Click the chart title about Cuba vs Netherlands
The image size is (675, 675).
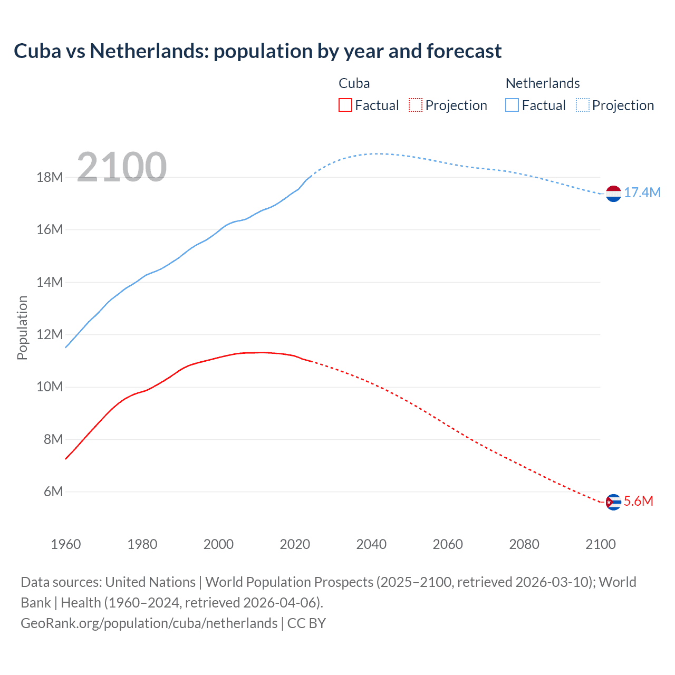tap(257, 51)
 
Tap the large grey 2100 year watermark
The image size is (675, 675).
tap(122, 167)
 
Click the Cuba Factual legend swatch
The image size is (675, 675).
tap(345, 105)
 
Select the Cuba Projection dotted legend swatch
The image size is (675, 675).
tap(416, 105)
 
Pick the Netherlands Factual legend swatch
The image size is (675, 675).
tap(512, 105)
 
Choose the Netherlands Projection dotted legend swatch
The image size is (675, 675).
tap(583, 105)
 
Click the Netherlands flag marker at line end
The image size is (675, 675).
tap(613, 194)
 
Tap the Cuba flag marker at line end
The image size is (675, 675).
tap(613, 502)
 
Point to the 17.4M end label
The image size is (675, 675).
tap(642, 193)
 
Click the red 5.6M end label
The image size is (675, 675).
tap(638, 502)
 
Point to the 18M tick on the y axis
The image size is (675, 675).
tap(50, 177)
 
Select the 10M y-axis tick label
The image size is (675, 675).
tap(50, 387)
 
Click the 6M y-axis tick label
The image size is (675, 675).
tap(53, 492)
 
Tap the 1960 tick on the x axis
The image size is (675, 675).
tap(66, 544)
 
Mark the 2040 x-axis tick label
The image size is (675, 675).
tap(371, 544)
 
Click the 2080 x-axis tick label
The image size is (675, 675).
tap(524, 544)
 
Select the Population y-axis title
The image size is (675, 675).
tap(22, 327)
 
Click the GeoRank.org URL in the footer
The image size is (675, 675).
tap(149, 623)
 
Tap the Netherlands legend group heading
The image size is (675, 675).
tap(542, 83)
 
